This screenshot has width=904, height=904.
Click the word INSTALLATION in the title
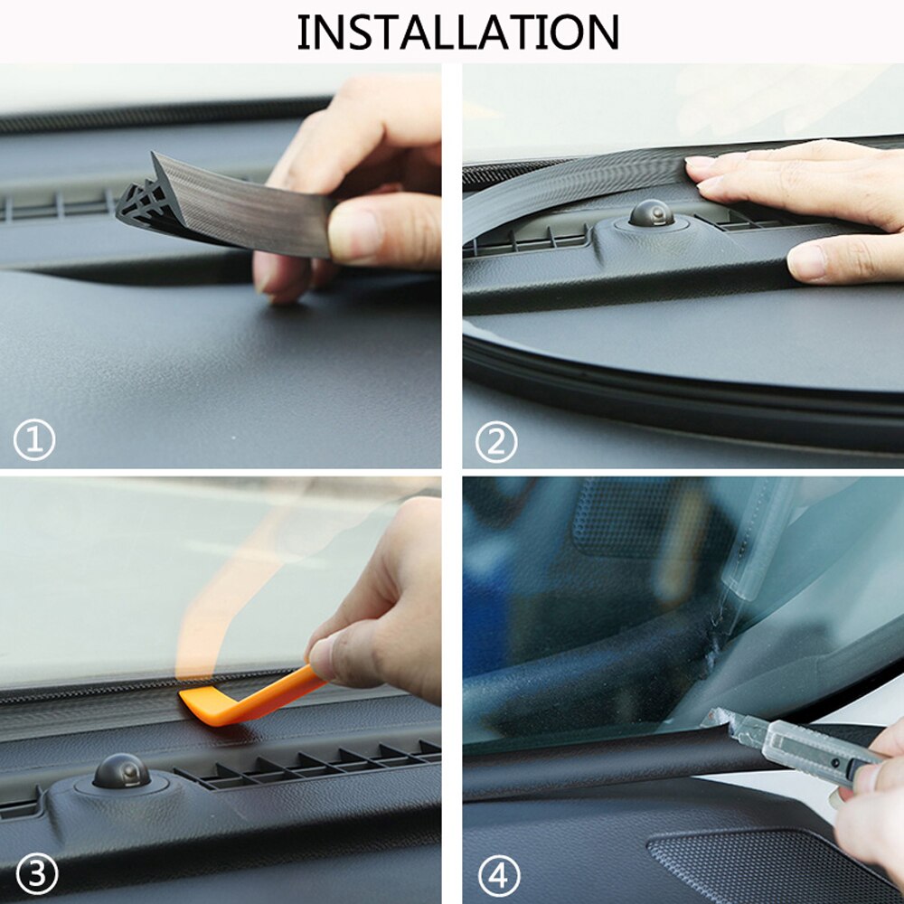(457, 32)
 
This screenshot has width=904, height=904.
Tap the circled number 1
(34, 440)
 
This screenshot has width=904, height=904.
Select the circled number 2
(496, 442)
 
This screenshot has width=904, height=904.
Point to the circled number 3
(35, 874)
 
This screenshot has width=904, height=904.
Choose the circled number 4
(499, 875)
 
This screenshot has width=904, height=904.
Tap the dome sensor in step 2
(651, 213)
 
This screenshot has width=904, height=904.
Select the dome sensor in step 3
(121, 771)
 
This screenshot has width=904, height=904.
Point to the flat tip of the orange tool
(194, 700)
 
